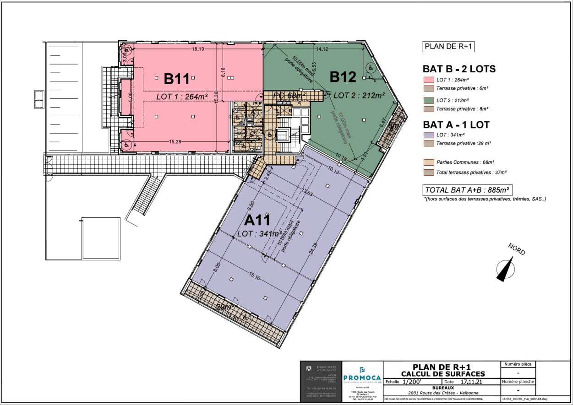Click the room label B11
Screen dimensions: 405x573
(x=177, y=79)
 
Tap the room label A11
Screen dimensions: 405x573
(x=257, y=221)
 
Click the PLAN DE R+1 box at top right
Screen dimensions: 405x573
(x=448, y=46)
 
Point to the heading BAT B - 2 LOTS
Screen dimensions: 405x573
(x=459, y=69)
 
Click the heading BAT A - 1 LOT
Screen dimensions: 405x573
(x=456, y=124)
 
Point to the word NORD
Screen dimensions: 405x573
(x=516, y=249)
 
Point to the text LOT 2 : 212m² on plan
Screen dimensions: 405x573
(x=359, y=95)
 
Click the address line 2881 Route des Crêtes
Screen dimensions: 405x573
(x=440, y=393)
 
